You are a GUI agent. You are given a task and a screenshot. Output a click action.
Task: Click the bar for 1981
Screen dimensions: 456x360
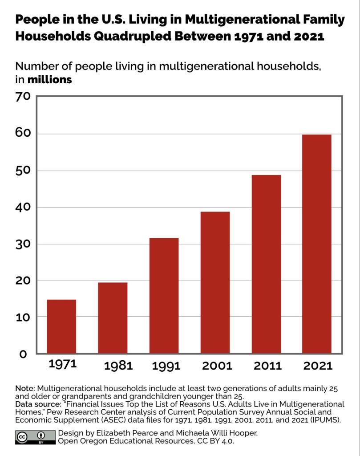[113, 318]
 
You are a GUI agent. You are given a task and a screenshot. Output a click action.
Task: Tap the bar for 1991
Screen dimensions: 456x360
[164, 296]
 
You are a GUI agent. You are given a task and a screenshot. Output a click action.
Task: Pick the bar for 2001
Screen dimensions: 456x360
[215, 282]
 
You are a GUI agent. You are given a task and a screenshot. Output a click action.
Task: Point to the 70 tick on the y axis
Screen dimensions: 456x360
[23, 97]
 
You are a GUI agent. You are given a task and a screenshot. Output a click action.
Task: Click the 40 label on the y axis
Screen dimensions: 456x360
[23, 207]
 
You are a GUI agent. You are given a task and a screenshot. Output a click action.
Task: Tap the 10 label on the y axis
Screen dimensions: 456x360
[23, 317]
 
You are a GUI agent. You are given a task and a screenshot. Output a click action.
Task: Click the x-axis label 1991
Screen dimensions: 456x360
[166, 366]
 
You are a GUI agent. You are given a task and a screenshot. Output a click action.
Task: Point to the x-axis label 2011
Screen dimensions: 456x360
[268, 366]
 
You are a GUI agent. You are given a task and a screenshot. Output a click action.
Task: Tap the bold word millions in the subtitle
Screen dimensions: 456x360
[49, 80]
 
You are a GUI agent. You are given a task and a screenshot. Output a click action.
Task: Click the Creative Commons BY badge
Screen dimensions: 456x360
[34, 437]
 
